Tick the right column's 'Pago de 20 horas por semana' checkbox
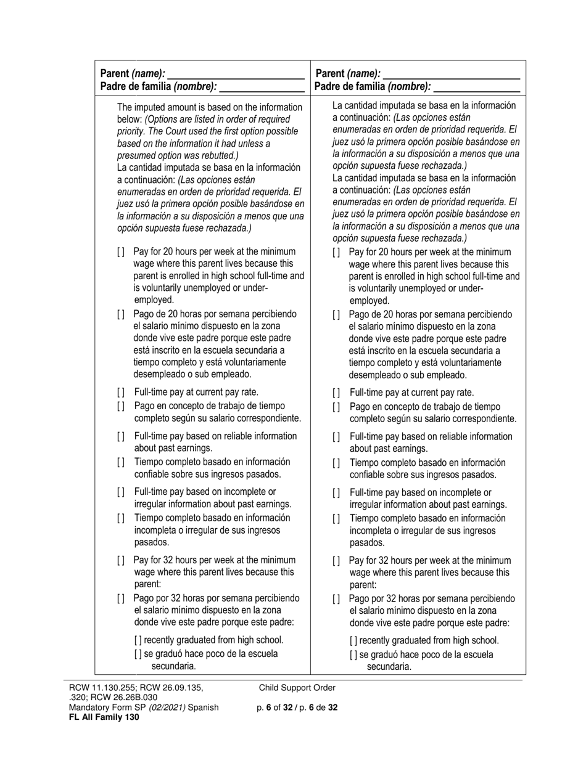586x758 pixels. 336,314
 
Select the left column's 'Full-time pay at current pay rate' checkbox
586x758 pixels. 121,393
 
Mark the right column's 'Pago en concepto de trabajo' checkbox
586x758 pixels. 336,407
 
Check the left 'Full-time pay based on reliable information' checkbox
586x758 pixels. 121,437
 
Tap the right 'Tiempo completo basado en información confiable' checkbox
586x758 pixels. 336,463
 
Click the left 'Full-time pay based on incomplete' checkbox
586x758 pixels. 121,492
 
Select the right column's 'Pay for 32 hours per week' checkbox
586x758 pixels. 336,561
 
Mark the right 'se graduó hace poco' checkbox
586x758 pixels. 353,654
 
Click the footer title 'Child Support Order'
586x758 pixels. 297,688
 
